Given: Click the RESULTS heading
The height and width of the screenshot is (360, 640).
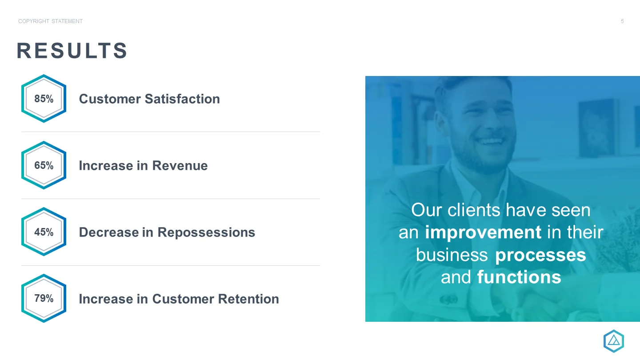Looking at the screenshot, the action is pos(72,51).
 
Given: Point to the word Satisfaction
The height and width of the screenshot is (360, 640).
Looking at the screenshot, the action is pos(182,99).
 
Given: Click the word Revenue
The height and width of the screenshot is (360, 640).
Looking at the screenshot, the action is pos(180,166).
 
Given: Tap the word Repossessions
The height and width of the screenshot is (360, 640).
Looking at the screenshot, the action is pos(206,232).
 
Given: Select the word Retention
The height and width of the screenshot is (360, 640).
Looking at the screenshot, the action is pos(248,299).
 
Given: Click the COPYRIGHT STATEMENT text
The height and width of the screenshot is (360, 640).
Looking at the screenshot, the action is pos(51,21).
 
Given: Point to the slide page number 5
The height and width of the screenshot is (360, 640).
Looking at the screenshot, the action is pos(622,21).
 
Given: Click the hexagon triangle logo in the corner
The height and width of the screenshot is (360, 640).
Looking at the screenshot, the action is pos(614,341).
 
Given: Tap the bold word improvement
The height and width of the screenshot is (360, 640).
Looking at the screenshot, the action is pos(483,232).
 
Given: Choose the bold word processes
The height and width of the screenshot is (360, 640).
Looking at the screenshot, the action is pos(540,256).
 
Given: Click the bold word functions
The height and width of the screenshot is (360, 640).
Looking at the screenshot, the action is pos(519,277).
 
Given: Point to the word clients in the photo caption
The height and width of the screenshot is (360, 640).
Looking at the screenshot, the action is pos(474,210).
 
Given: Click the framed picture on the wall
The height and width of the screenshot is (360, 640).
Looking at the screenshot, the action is pos(596,128).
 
